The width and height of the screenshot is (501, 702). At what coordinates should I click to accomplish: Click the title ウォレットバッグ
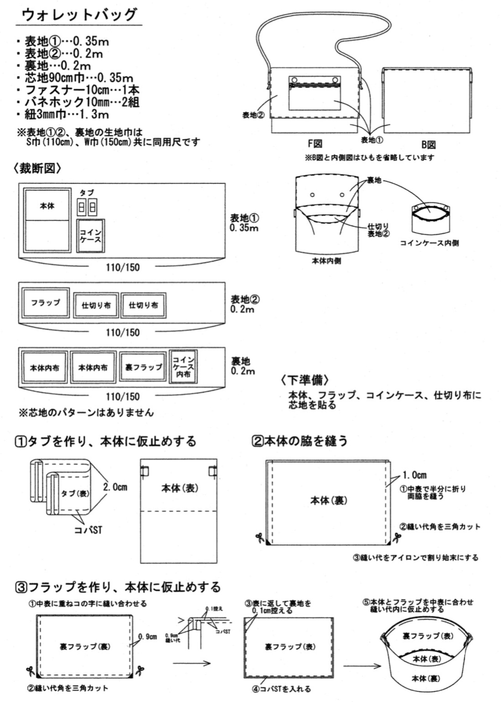[x=79, y=15]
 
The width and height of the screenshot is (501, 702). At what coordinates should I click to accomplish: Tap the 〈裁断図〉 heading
[x=38, y=168]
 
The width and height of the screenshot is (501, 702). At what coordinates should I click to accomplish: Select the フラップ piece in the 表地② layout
[x=46, y=303]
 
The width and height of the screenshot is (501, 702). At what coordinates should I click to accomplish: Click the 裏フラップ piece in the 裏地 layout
[x=143, y=367]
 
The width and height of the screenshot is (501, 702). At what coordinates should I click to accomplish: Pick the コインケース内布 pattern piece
[x=183, y=367]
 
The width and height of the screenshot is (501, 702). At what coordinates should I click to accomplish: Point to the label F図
[x=315, y=144]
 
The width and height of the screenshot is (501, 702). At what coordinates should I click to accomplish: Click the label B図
[x=429, y=144]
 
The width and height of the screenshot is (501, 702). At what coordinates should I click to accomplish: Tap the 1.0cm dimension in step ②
[x=414, y=475]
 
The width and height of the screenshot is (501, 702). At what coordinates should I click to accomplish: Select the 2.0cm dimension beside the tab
[x=115, y=487]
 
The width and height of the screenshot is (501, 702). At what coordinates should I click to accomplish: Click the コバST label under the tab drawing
[x=88, y=530]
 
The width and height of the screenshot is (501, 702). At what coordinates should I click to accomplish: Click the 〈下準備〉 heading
[x=305, y=380]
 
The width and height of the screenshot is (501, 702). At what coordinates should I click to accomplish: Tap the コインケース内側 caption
[x=429, y=243]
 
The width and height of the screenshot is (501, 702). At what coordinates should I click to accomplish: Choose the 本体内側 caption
[x=326, y=261]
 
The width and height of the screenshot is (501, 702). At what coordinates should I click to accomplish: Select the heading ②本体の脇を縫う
[x=300, y=441]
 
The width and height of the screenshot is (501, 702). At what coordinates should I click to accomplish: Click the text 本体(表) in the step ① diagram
[x=180, y=488]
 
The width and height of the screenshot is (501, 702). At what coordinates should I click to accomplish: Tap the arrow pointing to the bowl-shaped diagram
[x=362, y=666]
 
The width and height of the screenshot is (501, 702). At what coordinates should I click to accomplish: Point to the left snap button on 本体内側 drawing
[x=312, y=195]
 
